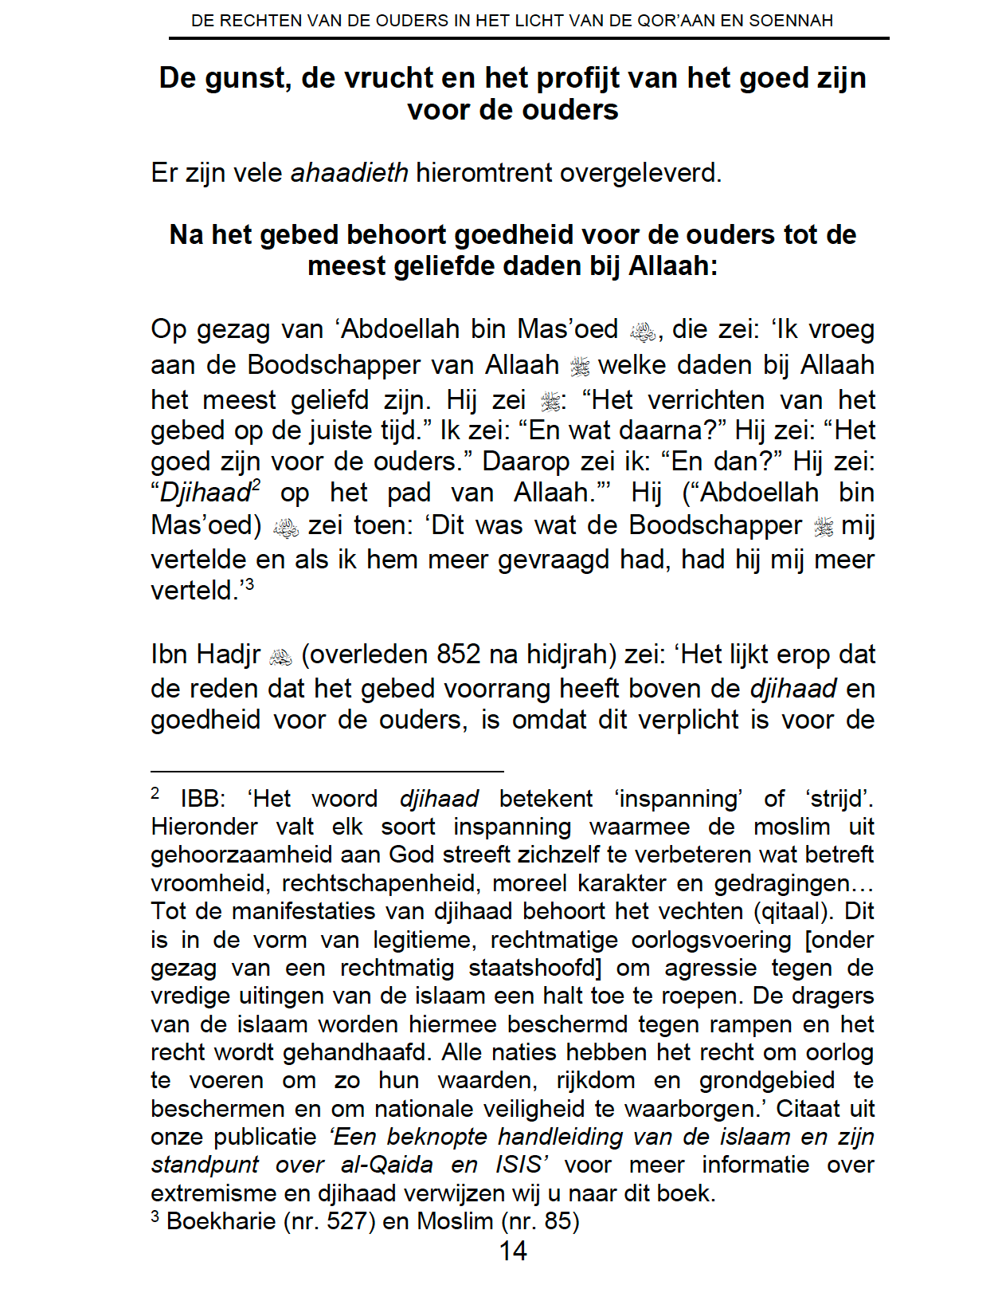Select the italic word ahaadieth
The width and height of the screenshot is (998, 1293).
349,172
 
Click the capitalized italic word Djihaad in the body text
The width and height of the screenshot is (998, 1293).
205,493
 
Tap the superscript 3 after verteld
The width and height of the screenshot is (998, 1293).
249,584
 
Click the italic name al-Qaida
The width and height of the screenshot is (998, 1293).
386,1165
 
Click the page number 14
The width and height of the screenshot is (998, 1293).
513,1251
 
